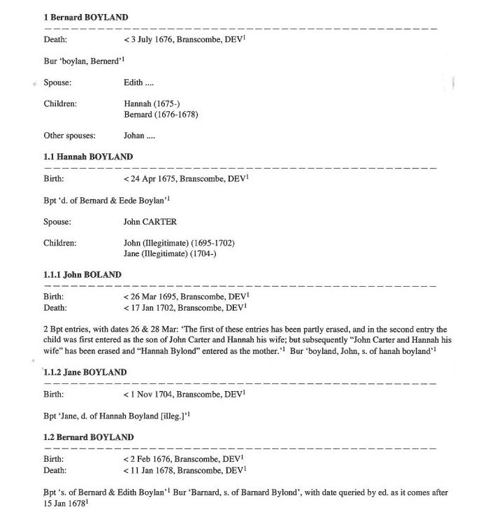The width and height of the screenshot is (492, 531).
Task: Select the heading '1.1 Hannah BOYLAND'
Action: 87,157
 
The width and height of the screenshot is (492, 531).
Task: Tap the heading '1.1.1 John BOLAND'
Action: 82,275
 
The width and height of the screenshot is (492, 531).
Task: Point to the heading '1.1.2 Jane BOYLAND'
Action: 85,373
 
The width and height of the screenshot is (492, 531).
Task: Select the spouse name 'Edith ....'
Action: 138,83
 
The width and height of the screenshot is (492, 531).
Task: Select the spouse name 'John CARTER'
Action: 150,222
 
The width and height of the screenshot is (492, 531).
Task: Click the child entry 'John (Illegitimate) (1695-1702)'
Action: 179,243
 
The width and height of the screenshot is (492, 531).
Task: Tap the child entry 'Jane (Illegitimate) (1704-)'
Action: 170,254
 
